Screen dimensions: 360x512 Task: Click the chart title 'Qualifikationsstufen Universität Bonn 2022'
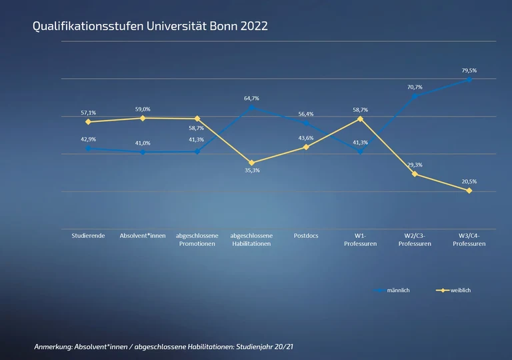click(150, 26)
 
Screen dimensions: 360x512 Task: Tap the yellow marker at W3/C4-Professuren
click(469, 191)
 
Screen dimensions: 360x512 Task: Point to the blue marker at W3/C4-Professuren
click(469, 79)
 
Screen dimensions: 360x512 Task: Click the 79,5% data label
click(469, 70)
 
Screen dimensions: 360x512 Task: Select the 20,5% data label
click(469, 181)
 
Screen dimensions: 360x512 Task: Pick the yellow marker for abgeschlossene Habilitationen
click(251, 163)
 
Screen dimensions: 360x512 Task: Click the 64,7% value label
click(251, 98)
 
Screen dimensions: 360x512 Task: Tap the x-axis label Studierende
click(88, 236)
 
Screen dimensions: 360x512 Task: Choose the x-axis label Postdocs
click(306, 236)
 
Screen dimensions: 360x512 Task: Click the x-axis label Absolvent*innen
click(143, 236)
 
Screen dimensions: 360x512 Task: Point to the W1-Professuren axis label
click(360, 240)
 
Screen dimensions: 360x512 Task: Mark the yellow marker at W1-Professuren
click(360, 119)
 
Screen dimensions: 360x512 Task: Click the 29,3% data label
click(415, 165)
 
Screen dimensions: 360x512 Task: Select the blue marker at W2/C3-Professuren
click(415, 96)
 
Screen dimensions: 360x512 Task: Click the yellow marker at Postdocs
click(306, 147)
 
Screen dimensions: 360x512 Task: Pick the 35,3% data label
click(251, 171)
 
